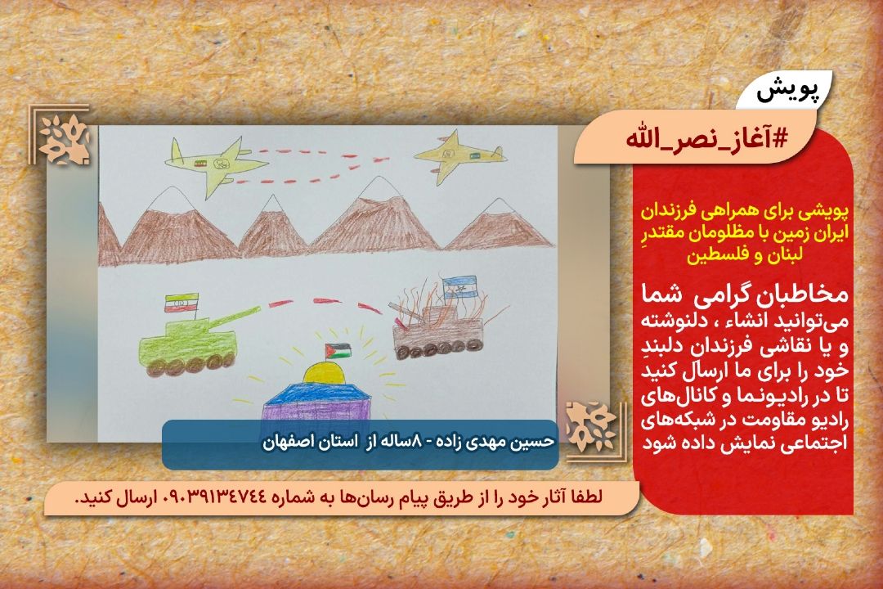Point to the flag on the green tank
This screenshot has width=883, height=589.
[182, 303]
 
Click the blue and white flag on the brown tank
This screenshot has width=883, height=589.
[459, 287]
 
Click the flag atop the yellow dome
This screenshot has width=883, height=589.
[337, 351]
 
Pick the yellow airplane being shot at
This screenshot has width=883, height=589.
[459, 157]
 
